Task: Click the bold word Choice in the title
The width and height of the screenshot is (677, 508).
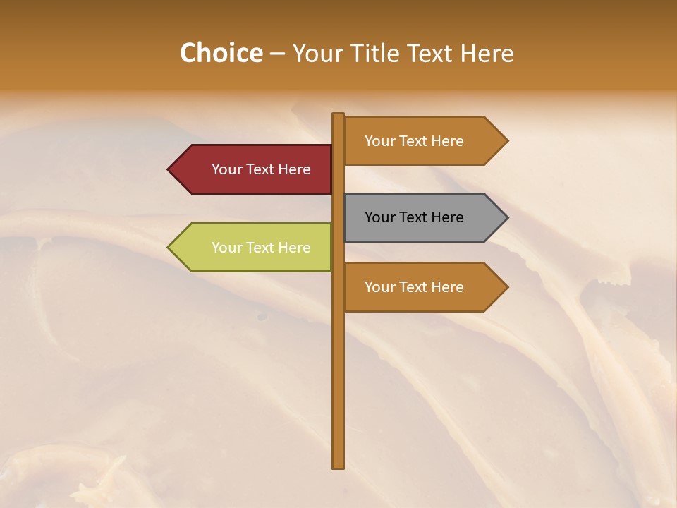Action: click(x=221, y=54)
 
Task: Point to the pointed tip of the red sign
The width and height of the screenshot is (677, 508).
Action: click(x=169, y=169)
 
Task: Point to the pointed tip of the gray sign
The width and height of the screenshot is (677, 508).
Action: click(x=506, y=217)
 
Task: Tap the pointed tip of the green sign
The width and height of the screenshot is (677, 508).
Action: click(x=169, y=248)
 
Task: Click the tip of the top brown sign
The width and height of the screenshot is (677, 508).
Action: click(x=506, y=141)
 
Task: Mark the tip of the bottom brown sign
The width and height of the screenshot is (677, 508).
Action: click(x=506, y=287)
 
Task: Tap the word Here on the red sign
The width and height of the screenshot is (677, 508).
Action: click(x=294, y=169)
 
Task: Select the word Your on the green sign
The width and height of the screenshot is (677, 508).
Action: click(x=226, y=248)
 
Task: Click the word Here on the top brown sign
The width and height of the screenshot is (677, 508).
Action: click(x=447, y=141)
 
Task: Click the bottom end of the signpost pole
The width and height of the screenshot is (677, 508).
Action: click(x=338, y=466)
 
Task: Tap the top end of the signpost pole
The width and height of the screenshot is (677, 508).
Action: click(x=338, y=115)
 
